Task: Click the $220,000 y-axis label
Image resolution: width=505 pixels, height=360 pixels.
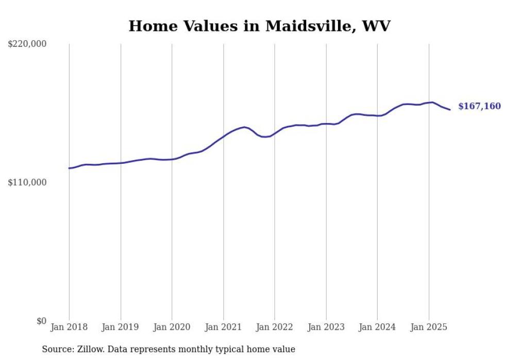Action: click(27, 44)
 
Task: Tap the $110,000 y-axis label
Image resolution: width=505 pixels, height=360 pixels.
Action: click(27, 182)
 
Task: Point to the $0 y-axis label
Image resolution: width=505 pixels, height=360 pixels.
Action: click(41, 321)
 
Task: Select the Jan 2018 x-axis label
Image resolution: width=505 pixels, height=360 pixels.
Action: click(69, 327)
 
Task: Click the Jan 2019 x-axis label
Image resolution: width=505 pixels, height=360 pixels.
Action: click(121, 327)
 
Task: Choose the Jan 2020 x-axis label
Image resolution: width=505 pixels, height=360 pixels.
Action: click(172, 327)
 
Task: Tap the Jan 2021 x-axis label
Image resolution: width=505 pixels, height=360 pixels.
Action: click(223, 327)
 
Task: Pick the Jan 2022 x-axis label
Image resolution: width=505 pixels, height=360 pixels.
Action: click(275, 327)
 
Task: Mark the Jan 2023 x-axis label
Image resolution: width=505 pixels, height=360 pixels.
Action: click(326, 327)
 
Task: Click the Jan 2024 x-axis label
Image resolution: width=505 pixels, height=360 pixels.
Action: click(377, 327)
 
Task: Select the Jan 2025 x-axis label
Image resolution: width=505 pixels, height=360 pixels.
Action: click(429, 327)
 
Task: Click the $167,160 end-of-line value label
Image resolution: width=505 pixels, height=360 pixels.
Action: click(479, 106)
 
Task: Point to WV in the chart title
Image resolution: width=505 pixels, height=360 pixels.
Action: click(377, 26)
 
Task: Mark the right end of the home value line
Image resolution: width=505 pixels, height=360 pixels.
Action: click(450, 109)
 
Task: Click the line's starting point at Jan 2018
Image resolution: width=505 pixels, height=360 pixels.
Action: click(69, 168)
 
